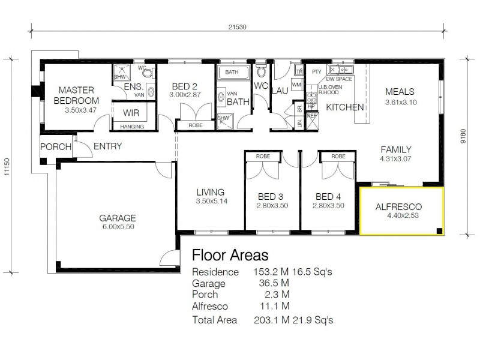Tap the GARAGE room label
click(118, 218)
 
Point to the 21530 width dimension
click(238, 27)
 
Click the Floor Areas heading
click(230, 256)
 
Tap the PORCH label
click(56, 147)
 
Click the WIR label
click(131, 113)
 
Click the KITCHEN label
click(344, 107)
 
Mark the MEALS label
click(400, 92)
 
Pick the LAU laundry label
click(280, 91)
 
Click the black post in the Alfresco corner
click(440, 230)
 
